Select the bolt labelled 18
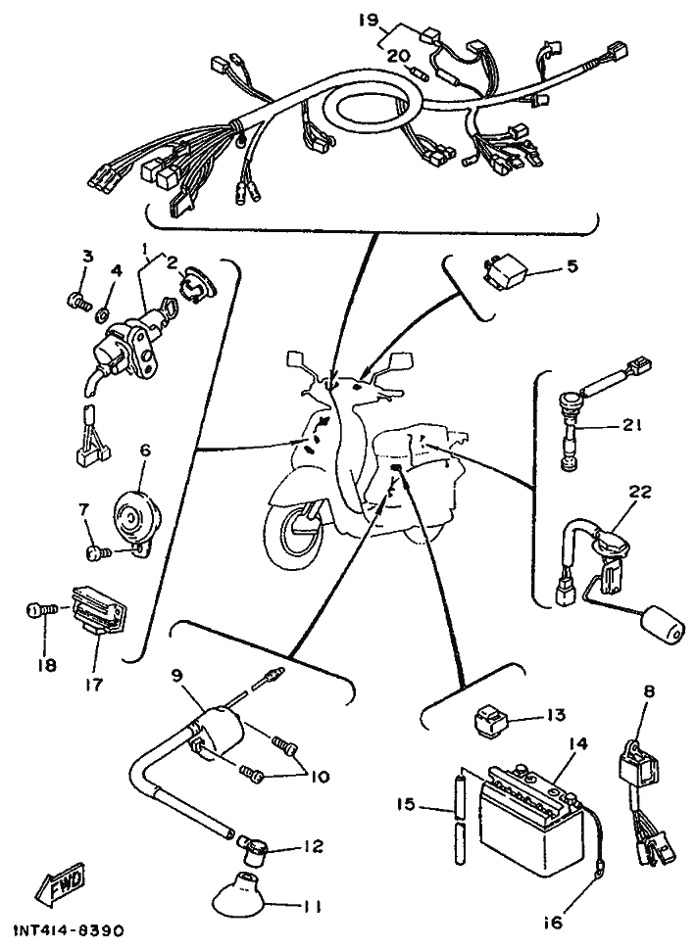tap(35, 613)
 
